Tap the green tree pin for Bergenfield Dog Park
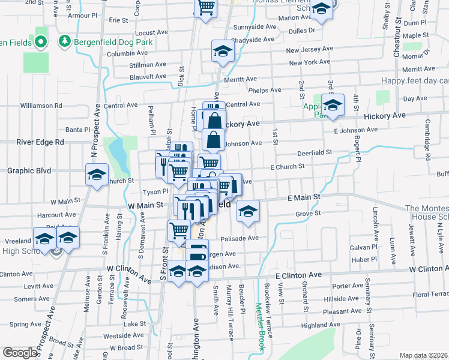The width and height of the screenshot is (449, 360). pos(64,41)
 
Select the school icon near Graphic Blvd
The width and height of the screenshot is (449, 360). pos(96,176)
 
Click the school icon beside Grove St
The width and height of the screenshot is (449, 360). pos(247,211)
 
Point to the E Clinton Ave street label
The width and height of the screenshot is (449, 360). pos(299,275)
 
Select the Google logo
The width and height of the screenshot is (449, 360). pos(19,353)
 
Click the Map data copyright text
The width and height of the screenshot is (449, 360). pos(423,355)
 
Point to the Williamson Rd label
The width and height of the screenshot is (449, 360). pos(41,106)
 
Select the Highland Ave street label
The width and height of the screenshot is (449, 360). pos(321,325)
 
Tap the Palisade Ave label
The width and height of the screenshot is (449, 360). pos(243,238)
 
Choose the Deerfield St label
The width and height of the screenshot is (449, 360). pos(315,153)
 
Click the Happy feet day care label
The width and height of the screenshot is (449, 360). pos(415,81)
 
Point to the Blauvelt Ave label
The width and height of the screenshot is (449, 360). pos(148,76)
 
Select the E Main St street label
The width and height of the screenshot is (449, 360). pos(304,197)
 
